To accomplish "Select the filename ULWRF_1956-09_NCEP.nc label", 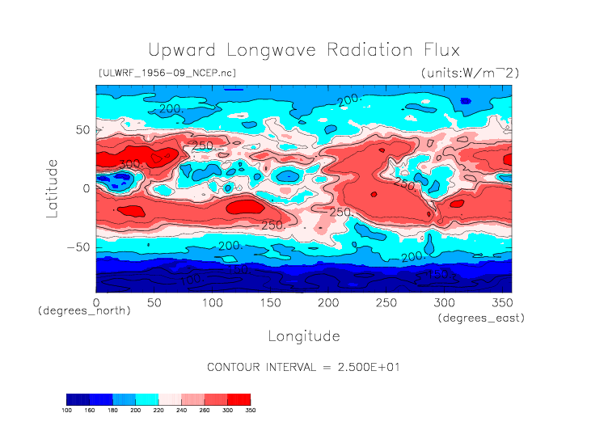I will point(167,73).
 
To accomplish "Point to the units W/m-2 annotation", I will point(470,73).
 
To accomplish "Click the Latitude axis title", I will point(53,188).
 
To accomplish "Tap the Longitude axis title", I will point(303,335).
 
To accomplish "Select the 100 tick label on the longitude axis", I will point(212,302).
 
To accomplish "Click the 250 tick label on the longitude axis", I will point(385,302).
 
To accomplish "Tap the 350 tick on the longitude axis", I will point(500,302).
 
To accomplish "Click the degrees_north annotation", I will point(84,310).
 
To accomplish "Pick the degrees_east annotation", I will point(482,318).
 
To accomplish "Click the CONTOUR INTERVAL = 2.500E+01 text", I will point(303,367).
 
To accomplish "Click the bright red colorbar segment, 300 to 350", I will point(239,398).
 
